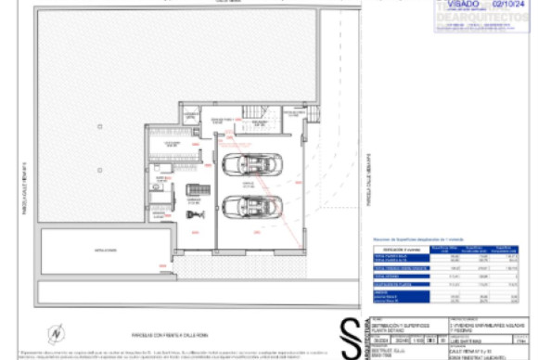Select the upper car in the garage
coord(250,165)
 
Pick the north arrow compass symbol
coord(56,331)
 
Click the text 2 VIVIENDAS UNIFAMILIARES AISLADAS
coord(482,326)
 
